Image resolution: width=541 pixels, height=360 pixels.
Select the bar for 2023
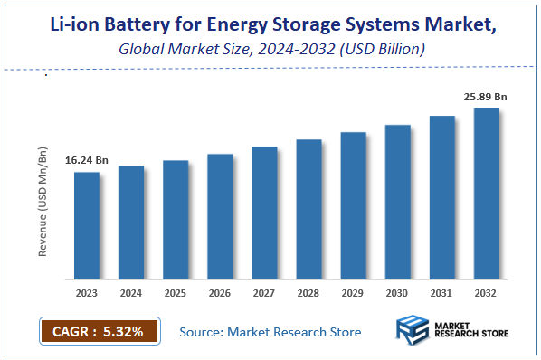[87, 225]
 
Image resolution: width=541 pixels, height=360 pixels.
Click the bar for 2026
[220, 216]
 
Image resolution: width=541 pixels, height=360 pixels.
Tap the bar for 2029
[353, 205]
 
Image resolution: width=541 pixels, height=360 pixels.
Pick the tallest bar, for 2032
[487, 194]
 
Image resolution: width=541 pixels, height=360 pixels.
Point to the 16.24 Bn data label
[87, 160]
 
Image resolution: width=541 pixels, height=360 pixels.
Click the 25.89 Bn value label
[486, 95]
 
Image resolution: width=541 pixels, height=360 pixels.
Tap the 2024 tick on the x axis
[131, 294]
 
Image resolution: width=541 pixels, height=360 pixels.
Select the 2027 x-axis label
[264, 294]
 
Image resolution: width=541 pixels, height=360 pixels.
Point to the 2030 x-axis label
[397, 294]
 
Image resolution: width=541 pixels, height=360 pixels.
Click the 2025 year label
[176, 294]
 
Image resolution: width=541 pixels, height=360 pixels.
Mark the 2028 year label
[308, 294]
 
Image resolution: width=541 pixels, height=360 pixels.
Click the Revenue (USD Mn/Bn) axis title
[43, 204]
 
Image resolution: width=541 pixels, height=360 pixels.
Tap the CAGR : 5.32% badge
[100, 331]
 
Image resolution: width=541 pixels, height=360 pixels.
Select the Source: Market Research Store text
[270, 332]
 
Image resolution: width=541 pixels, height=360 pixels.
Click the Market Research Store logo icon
[413, 331]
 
